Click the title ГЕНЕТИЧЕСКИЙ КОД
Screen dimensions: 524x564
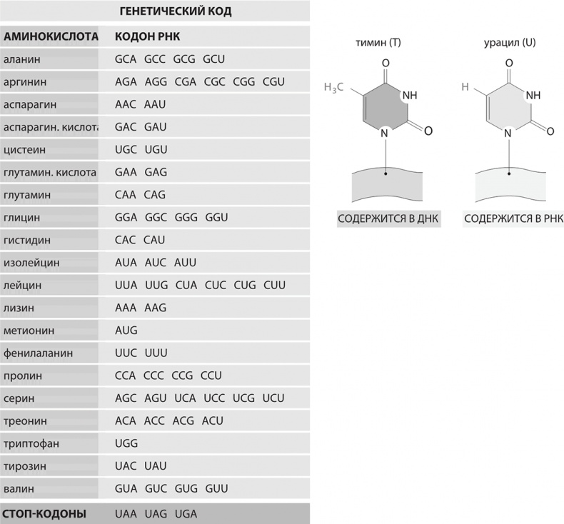[173, 12]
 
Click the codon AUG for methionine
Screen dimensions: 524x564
[126, 331]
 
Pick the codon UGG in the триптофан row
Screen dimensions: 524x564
[126, 443]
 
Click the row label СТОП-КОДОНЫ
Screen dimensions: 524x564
[45, 514]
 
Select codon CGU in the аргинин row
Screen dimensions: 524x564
[273, 82]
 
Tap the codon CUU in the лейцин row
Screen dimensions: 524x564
[274, 286]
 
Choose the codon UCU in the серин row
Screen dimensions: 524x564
[273, 398]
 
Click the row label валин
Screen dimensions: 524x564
[19, 489]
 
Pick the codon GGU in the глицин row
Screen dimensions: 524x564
[216, 218]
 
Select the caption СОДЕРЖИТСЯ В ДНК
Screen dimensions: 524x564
[388, 220]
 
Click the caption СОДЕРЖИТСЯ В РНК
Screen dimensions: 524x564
[513, 220]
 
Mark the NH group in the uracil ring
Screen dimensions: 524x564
[533, 96]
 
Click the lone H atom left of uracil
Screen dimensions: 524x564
[465, 88]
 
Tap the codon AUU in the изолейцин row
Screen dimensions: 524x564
[185, 263]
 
